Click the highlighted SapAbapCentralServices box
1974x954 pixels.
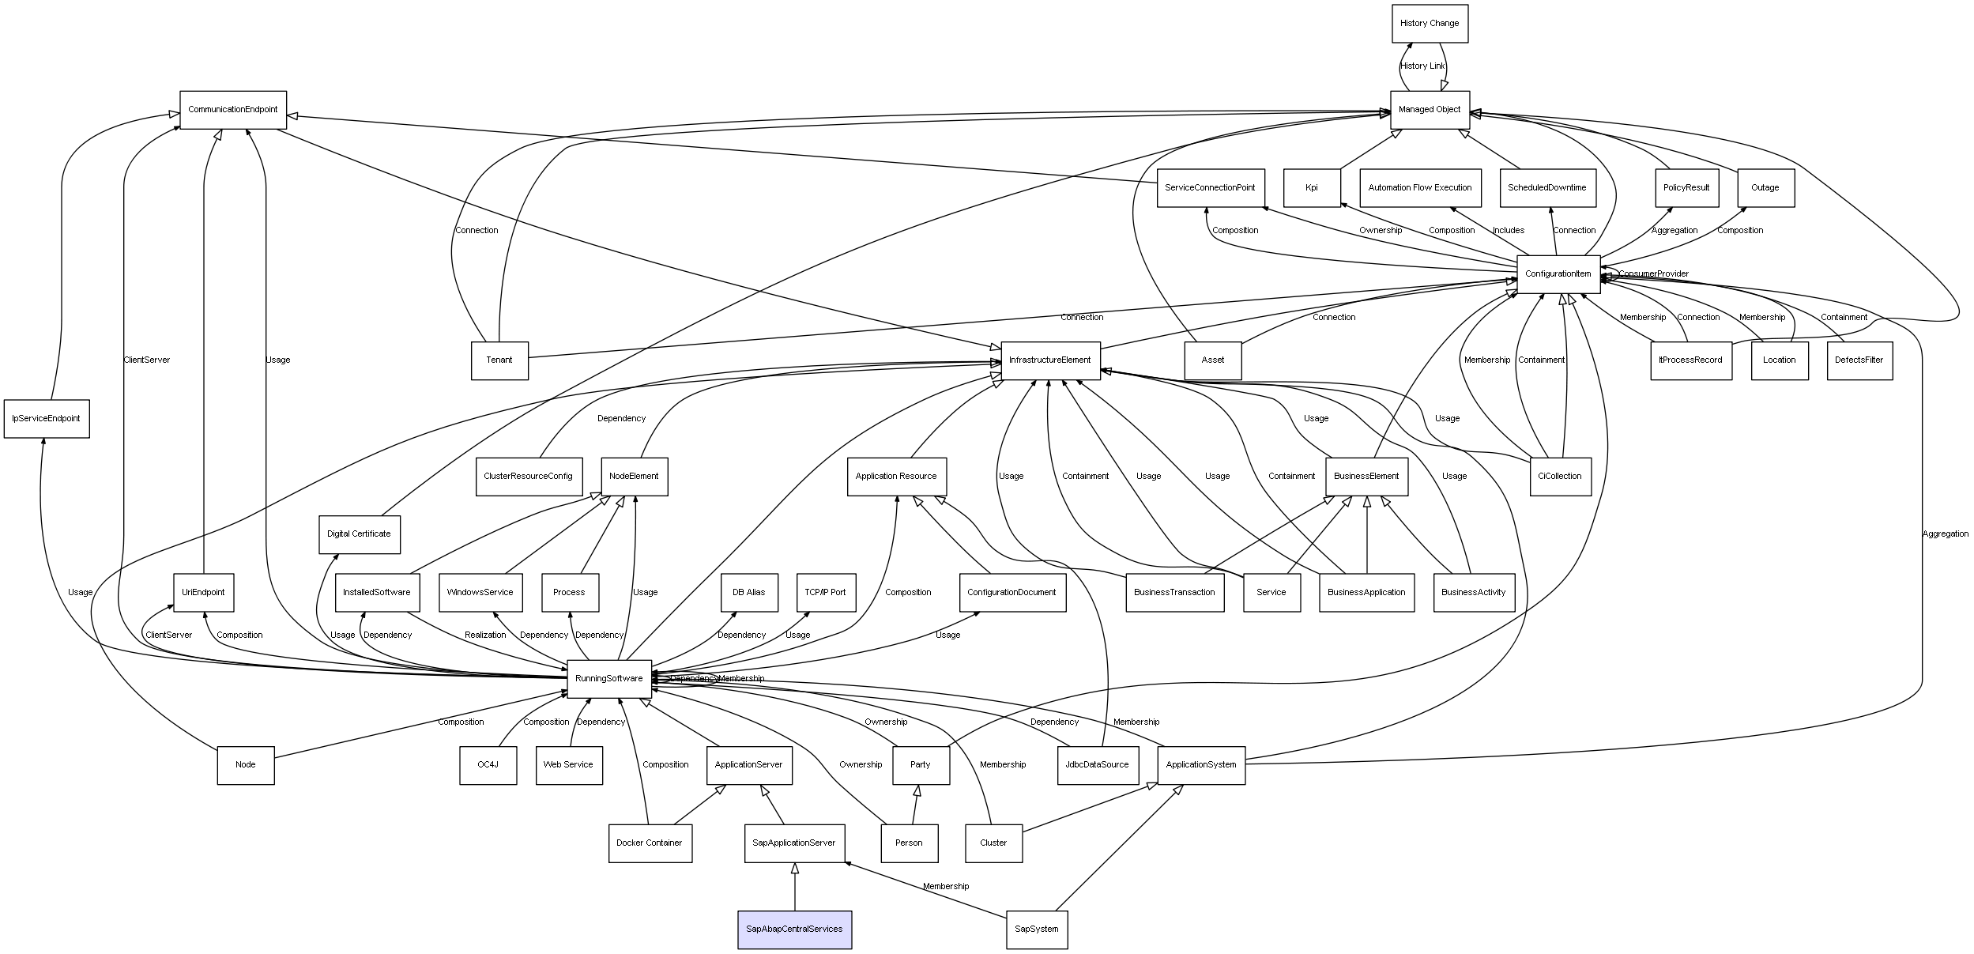pyautogui.click(x=794, y=929)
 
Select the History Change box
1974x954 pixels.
pyautogui.click(x=1430, y=24)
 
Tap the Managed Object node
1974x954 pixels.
pyautogui.click(x=1430, y=109)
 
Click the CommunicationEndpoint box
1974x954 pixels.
pyautogui.click(x=233, y=109)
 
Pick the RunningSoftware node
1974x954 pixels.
pyautogui.click(x=608, y=678)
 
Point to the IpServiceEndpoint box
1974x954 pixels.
pyautogui.click(x=47, y=418)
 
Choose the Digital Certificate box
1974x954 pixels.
pyautogui.click(x=360, y=534)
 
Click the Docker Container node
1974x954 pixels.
pyautogui.click(x=650, y=843)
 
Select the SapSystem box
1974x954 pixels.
pyautogui.click(x=1037, y=929)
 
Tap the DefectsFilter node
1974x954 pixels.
pyautogui.click(x=1859, y=360)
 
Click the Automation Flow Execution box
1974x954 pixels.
pyautogui.click(x=1420, y=188)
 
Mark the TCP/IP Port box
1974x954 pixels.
pyautogui.click(x=826, y=592)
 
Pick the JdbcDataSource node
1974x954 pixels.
pyautogui.click(x=1098, y=764)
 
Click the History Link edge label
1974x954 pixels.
pyautogui.click(x=1422, y=66)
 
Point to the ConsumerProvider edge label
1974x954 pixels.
pyautogui.click(x=1653, y=274)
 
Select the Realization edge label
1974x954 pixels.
pyautogui.click(x=485, y=635)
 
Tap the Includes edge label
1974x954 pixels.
pyautogui.click(x=1509, y=231)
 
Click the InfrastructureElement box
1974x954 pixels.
pyautogui.click(x=1050, y=360)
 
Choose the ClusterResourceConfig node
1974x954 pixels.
pyautogui.click(x=529, y=477)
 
